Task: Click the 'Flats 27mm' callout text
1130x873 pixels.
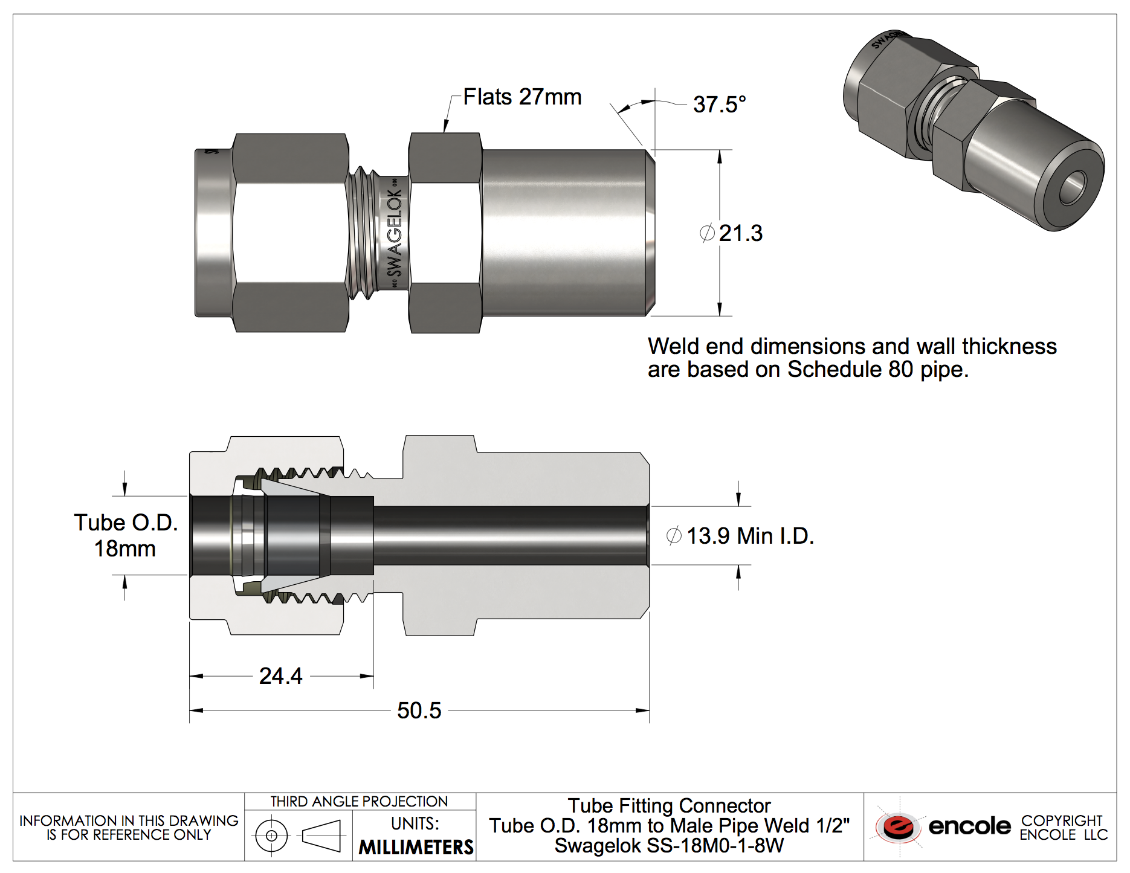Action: coord(522,97)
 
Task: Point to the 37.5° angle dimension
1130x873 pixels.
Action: coord(719,105)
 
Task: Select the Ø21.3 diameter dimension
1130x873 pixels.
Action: coord(732,233)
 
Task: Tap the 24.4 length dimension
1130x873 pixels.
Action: coord(281,676)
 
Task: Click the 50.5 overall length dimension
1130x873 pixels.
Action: coord(419,710)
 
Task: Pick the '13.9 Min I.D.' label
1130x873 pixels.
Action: coord(740,536)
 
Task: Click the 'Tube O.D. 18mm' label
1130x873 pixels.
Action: coord(126,536)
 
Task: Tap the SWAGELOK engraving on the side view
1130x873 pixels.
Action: coord(395,233)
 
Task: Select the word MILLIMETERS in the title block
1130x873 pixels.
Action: coord(416,847)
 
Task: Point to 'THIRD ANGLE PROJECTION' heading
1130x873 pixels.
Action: coord(359,802)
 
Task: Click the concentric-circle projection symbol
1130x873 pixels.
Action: coord(271,836)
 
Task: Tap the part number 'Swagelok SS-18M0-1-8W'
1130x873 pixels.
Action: coord(669,846)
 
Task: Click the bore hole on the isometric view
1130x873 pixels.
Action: coord(1073,187)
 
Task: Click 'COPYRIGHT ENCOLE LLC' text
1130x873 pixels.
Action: coord(1064,828)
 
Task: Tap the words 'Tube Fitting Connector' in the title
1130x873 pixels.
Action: coord(669,806)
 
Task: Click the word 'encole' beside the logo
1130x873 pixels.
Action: coord(969,826)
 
